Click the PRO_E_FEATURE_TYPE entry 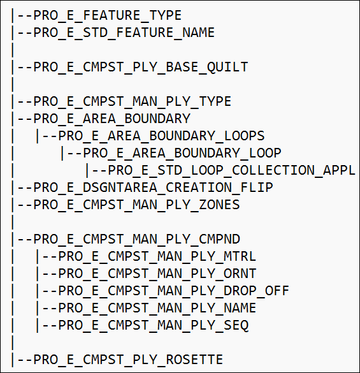pos(108,16)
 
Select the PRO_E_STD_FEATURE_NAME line pos(124,33)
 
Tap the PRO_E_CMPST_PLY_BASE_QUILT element pos(141,68)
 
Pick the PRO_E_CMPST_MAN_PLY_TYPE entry pos(132,101)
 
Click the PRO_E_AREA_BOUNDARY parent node pos(112,119)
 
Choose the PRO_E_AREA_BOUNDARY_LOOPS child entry pos(161,136)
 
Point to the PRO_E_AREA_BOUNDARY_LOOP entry pos(182,153)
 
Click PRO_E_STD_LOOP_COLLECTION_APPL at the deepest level pos(231,171)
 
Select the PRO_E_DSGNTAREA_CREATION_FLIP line pos(153,187)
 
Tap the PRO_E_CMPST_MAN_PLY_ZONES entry pos(137,205)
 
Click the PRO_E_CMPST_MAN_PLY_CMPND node pos(137,239)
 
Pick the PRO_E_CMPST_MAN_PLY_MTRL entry pos(157,257)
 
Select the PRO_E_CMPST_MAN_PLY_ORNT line pos(157,274)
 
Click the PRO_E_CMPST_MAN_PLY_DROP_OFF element pos(174,291)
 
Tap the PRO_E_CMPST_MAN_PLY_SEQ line pos(154,325)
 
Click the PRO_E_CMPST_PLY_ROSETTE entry pos(128,360)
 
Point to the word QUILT pos(227,68)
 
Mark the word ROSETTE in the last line pos(194,360)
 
